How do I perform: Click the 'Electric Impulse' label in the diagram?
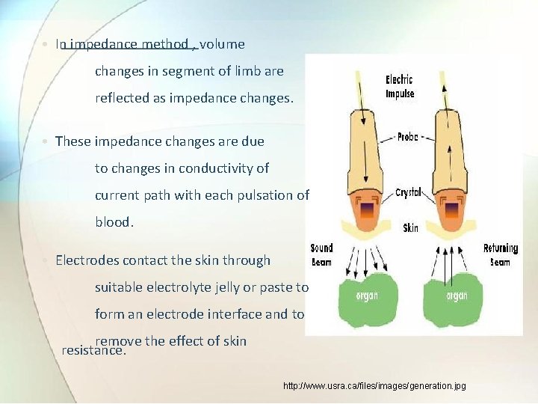tap(400, 87)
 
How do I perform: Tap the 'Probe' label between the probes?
tap(408, 137)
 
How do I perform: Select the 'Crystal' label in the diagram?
tap(408, 193)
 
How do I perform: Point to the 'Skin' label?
tap(410, 227)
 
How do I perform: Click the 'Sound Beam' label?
tap(321, 254)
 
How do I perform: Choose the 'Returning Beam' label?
tap(501, 254)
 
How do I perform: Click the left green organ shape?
tap(368, 295)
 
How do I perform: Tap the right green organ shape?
tap(456, 295)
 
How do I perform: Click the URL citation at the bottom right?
tap(374, 386)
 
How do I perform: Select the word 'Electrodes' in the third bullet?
tap(87, 260)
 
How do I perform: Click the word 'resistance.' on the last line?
tap(93, 350)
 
